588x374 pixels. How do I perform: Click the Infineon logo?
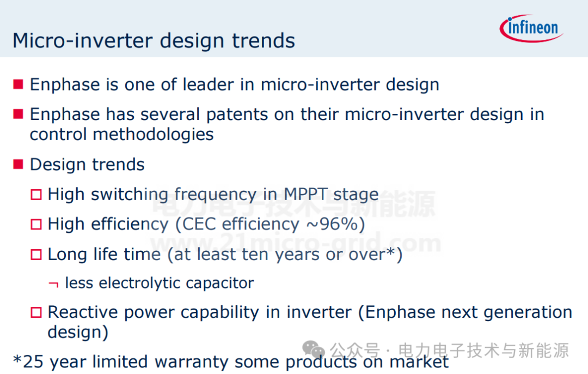[531, 28]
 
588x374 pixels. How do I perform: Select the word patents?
[237, 114]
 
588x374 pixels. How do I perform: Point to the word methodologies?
[154, 134]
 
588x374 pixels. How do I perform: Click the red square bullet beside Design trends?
[18, 164]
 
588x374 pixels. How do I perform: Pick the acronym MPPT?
[306, 194]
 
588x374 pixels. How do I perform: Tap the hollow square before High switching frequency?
[36, 195]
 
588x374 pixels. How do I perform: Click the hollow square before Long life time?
[36, 255]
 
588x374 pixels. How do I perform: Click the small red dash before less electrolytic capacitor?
[53, 284]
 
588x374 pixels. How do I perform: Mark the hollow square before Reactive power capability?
[36, 312]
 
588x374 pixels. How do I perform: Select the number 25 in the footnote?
[33, 361]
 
